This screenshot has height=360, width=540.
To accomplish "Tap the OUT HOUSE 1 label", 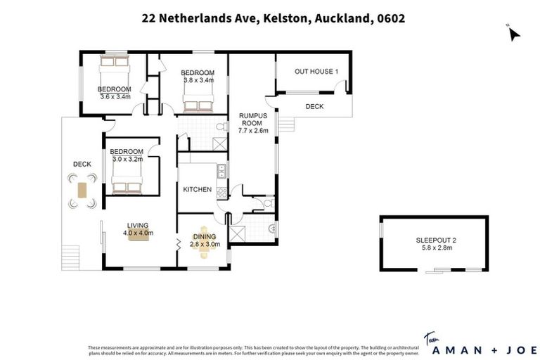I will [x=316, y=72].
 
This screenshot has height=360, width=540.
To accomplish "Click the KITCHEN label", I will [x=197, y=189].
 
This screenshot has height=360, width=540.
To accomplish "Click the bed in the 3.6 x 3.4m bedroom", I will [x=112, y=70].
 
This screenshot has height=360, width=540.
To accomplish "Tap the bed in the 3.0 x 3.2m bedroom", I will [x=127, y=184].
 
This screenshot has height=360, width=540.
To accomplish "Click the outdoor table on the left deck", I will [x=82, y=191].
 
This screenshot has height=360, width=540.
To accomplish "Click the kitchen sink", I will [x=222, y=169].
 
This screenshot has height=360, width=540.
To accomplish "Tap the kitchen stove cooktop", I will [x=221, y=191].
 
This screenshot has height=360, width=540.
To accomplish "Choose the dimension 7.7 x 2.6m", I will [x=253, y=131].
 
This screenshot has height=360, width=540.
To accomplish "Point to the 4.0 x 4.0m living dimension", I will [x=139, y=233].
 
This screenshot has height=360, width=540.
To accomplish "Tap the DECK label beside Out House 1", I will [x=314, y=107].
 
